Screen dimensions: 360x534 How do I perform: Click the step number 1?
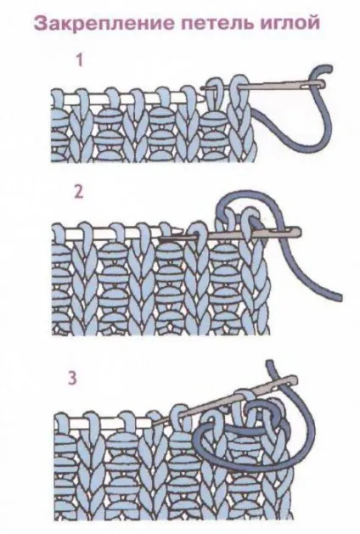tap(79, 60)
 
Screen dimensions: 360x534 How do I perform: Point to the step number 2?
tap(79, 192)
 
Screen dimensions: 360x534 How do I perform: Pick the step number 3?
tap(72, 378)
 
